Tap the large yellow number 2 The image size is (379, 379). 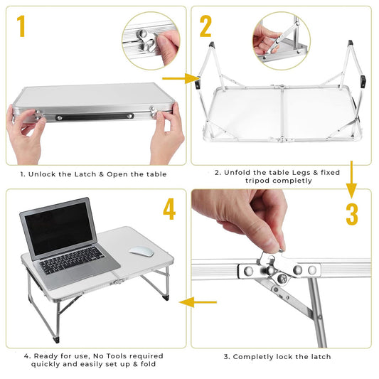click(205, 26)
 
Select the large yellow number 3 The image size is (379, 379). click(352, 214)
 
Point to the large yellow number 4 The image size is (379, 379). click(169, 209)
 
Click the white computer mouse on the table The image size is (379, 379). click(142, 252)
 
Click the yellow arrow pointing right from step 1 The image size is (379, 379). click(181, 78)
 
